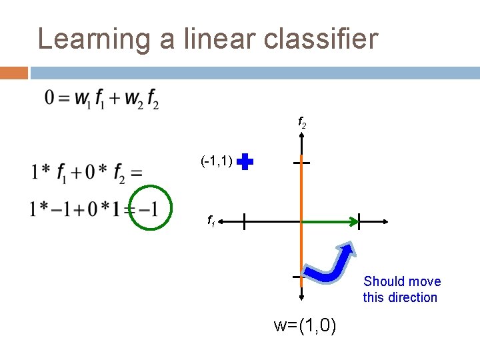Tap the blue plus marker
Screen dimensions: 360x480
click(245, 162)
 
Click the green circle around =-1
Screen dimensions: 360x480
click(150, 207)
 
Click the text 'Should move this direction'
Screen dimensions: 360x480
click(401, 289)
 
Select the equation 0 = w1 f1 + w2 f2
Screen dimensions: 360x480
click(102, 100)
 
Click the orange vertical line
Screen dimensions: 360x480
click(302, 247)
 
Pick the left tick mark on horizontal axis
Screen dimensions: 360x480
click(244, 221)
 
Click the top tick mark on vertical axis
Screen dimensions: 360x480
click(302, 162)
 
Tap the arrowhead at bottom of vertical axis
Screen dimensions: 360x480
click(302, 300)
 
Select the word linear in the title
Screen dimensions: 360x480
click(209, 39)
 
